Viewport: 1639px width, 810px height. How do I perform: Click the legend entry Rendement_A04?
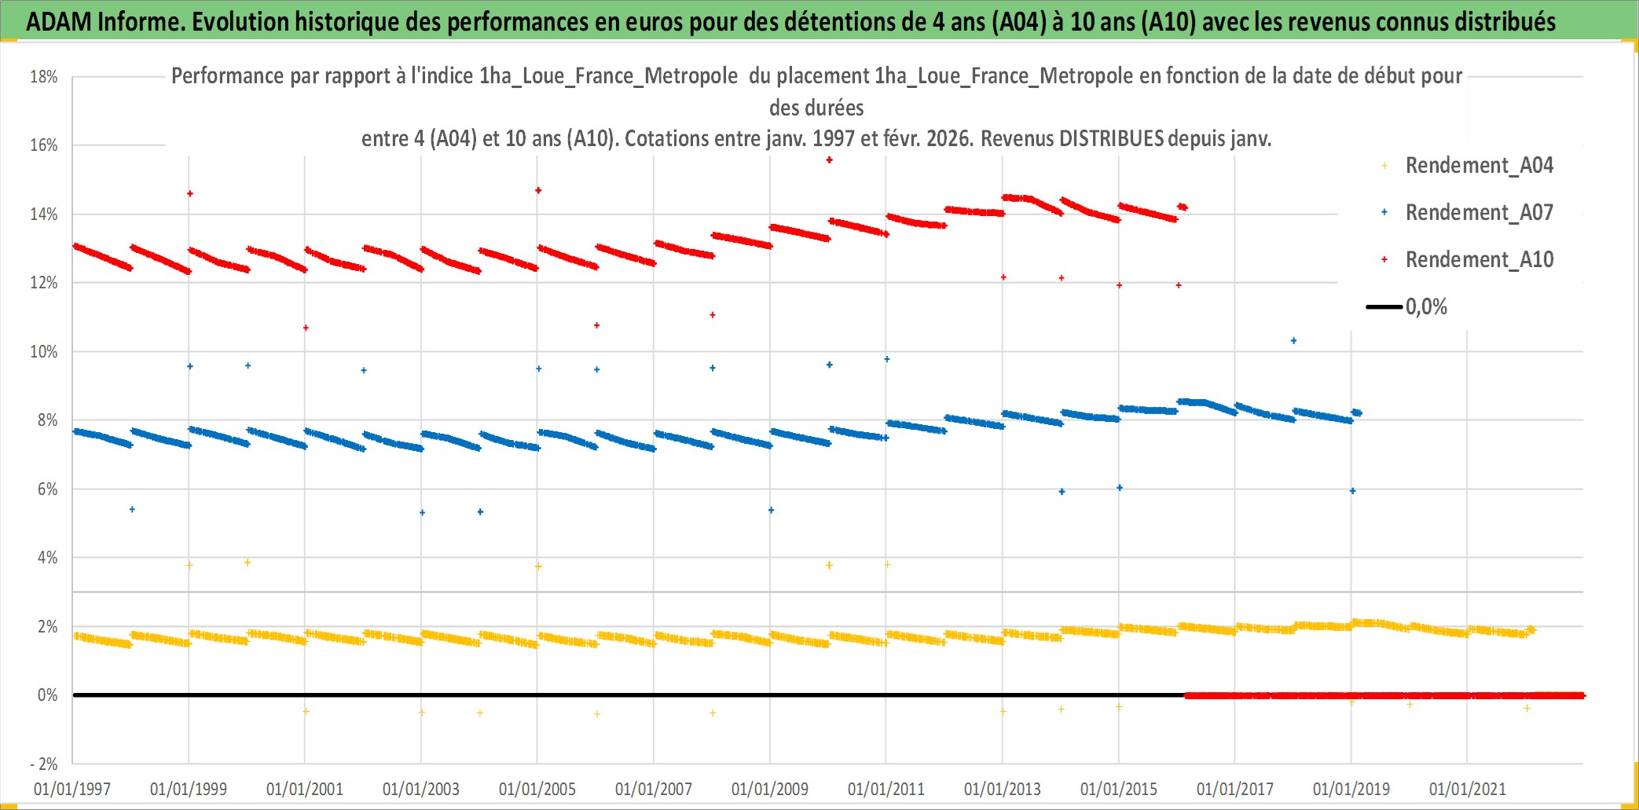point(1479,166)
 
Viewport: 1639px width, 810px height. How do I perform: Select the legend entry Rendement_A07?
point(1479,213)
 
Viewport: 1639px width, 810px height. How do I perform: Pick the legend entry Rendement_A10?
point(1479,260)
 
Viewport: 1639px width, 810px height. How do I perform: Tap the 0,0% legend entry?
point(1425,307)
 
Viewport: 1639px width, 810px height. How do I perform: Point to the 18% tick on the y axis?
point(44,77)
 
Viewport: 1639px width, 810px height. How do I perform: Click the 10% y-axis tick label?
point(44,352)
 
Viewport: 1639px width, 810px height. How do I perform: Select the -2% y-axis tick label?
point(44,764)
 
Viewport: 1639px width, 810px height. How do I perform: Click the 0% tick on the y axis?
point(47,695)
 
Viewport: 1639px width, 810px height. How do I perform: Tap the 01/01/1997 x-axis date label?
point(72,789)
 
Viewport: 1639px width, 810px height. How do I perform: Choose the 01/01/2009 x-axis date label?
point(770,789)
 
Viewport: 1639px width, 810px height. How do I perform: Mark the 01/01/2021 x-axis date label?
point(1468,789)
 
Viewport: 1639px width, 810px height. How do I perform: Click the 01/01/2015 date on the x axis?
point(1119,789)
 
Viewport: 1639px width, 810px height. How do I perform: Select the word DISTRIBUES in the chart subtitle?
point(1111,139)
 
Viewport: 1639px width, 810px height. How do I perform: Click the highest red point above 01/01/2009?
point(829,160)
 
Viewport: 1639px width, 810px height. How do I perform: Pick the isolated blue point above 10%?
point(1293,341)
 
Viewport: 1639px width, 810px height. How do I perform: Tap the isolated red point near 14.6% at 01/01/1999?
point(189,193)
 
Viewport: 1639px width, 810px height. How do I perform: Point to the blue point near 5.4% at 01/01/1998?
point(132,510)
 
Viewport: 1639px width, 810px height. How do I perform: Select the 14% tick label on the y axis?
point(44,214)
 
